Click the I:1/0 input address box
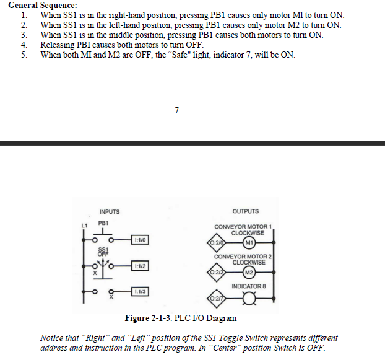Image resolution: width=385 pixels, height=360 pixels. coord(140,239)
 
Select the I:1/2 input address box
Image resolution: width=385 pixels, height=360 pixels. coord(140,266)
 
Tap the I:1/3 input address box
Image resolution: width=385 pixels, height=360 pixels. coord(140,291)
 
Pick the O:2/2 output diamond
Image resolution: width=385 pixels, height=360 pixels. coord(217,271)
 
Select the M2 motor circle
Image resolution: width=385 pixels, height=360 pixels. coord(249,271)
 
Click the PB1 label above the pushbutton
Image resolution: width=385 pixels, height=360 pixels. coord(103,222)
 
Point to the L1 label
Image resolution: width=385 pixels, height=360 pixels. coord(85,224)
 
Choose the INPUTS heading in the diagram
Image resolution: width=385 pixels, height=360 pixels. coord(110,212)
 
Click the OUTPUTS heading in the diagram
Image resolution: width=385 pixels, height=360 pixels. coord(246,211)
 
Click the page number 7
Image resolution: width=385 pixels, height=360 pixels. coord(177,110)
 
